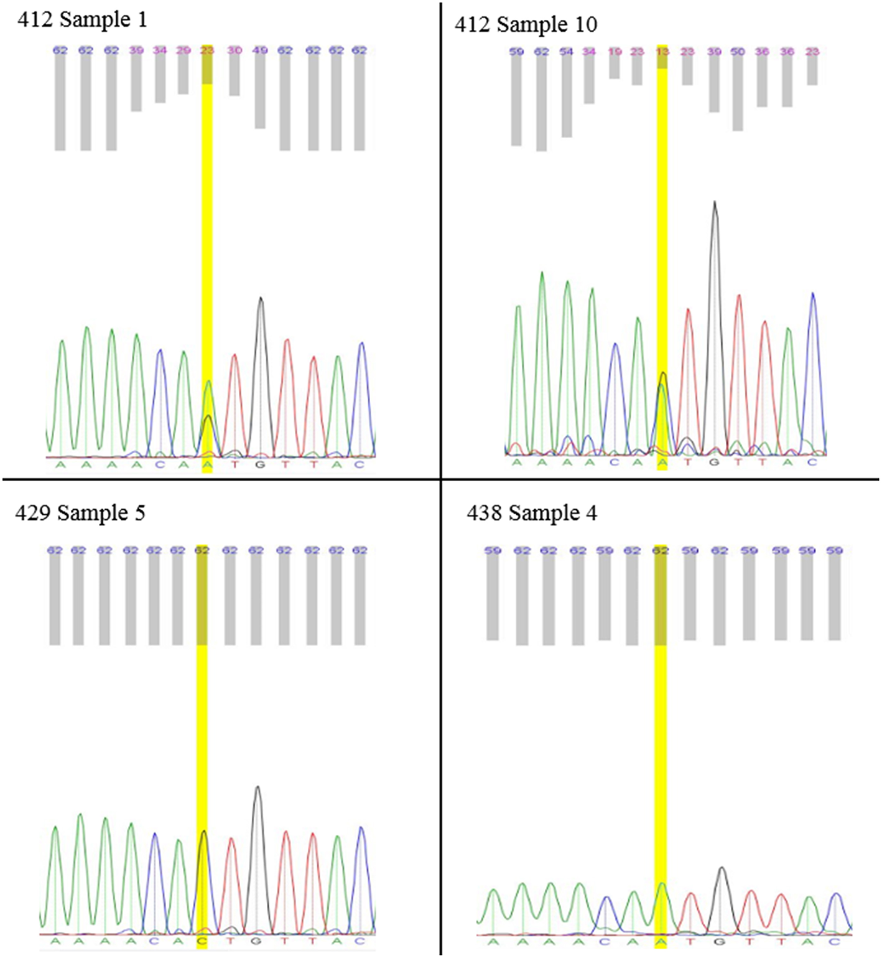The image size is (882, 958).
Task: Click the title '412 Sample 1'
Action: click(82, 20)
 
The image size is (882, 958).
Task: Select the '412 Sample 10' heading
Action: click(526, 25)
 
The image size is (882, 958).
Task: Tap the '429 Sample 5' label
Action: click(80, 514)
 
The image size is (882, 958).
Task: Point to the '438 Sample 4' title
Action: click(532, 514)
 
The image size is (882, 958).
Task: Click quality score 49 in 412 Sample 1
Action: click(260, 50)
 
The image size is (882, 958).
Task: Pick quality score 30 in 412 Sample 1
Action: click(234, 50)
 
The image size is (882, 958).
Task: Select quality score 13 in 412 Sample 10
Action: click(662, 52)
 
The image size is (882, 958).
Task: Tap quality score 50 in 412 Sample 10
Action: click(738, 52)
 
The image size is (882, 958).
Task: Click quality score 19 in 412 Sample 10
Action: click(615, 52)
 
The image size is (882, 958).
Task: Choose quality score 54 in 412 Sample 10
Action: click(566, 52)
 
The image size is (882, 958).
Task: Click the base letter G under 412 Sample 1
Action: click(260, 465)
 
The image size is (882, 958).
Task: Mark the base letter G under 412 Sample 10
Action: click(714, 463)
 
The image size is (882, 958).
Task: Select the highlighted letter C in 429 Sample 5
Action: click(202, 941)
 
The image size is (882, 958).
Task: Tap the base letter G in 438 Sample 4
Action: click(720, 942)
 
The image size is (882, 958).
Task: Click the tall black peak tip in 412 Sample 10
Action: click(715, 202)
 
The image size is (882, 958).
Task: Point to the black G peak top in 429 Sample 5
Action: click(257, 787)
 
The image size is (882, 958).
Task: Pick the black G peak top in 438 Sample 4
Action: click(722, 868)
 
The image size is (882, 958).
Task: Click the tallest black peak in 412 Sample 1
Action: click(261, 299)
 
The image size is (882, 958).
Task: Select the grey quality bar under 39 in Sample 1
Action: click(136, 84)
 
